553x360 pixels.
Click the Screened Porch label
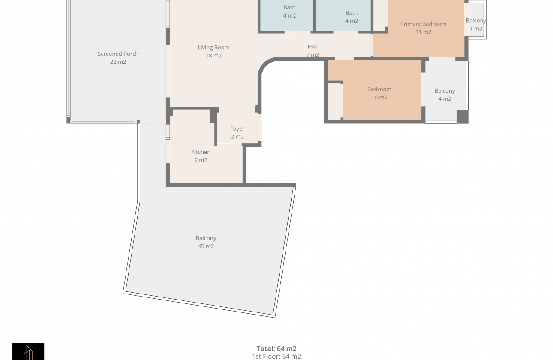point(118,54)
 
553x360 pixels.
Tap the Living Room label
point(213,48)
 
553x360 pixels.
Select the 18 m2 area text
point(213,56)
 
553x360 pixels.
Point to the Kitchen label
point(201,152)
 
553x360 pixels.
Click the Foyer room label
point(237,129)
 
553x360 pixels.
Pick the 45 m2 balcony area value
point(206,246)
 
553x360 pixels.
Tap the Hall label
point(313,47)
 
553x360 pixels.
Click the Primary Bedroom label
point(423,24)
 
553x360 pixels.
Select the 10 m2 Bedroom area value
point(379,98)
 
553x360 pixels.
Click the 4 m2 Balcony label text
point(445,91)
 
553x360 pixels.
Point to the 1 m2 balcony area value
point(475,29)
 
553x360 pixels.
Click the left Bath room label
point(289,7)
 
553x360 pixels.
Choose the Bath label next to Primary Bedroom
point(352,13)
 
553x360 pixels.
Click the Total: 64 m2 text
point(276,348)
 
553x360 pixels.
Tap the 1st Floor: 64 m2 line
point(276,356)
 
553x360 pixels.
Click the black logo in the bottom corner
point(28,351)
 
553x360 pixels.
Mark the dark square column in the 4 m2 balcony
point(462,117)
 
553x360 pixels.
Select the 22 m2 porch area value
point(118,62)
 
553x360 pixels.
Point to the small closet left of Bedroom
point(334,101)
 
